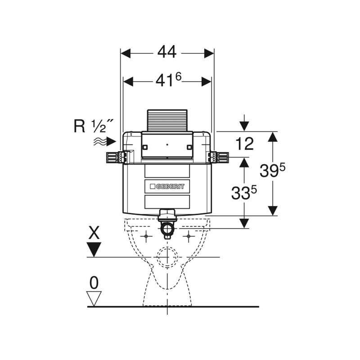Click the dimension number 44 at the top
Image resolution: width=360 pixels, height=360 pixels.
166,53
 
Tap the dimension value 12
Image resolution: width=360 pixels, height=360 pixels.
244,144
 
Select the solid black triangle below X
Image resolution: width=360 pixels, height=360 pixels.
94,249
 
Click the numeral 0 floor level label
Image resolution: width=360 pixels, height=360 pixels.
94,283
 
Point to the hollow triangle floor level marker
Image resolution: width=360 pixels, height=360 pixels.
94,298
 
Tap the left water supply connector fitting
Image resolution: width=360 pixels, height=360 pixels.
115,157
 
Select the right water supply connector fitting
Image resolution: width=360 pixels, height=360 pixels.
218,157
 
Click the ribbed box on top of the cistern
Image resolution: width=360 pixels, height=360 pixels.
167,121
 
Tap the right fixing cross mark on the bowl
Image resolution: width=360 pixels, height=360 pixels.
189,236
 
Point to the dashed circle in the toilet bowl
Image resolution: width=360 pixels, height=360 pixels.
167,257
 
